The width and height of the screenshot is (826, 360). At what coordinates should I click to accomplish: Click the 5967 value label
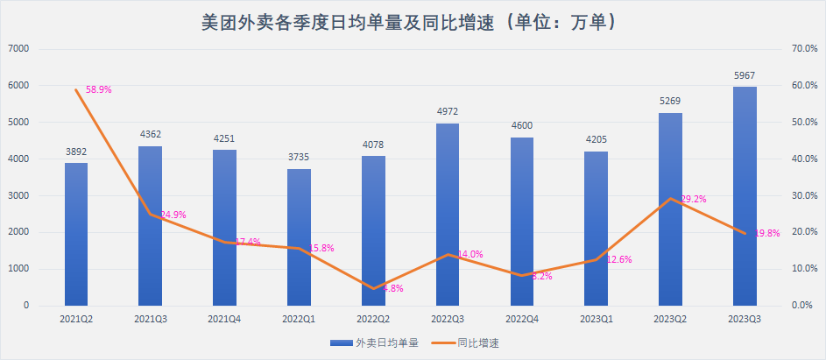[745, 76]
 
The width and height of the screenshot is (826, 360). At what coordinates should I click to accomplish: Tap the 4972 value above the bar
[448, 112]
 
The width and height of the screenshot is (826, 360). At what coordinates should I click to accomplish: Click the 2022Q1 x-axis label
[299, 321]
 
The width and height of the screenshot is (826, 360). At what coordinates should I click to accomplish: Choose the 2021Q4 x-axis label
[224, 321]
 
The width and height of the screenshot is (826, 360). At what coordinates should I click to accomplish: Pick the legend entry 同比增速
[478, 342]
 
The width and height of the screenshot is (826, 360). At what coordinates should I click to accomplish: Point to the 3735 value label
[299, 158]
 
